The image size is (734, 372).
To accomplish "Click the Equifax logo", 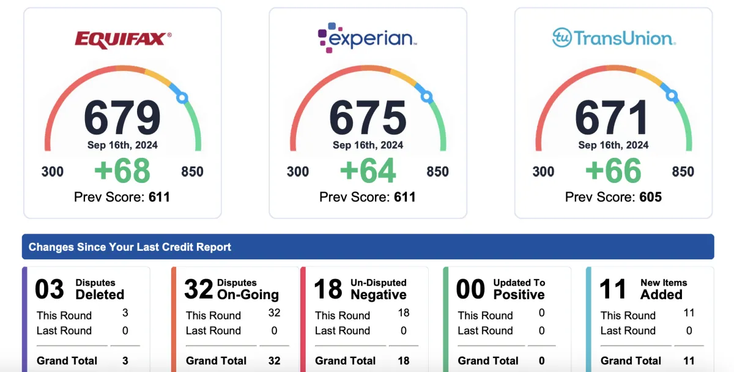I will [x=122, y=40].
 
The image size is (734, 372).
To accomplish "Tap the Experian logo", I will [x=368, y=39].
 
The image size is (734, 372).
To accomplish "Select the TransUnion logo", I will [x=614, y=38].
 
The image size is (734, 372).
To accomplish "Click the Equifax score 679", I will [x=122, y=117].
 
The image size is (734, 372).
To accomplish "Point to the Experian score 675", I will [x=368, y=117].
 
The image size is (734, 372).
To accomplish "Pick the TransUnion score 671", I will [x=613, y=117].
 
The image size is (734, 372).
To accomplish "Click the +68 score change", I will [x=122, y=171].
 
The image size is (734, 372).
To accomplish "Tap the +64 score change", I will [x=368, y=171].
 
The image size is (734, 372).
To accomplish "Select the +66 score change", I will [x=614, y=171].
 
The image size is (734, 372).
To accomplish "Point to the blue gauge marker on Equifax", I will [x=181, y=97].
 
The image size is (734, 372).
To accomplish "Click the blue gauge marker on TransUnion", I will [x=672, y=96].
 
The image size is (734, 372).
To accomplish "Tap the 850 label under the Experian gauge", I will [x=437, y=171].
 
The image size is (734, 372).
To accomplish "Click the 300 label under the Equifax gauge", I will [x=53, y=171].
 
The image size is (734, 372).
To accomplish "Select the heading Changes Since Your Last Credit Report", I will [x=130, y=247].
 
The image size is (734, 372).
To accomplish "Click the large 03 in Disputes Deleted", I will [x=50, y=289].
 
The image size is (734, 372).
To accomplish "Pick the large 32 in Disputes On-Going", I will [x=198, y=289].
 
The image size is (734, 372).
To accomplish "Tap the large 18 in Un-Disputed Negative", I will [x=328, y=289].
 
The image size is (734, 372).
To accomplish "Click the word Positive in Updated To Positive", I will [x=519, y=294].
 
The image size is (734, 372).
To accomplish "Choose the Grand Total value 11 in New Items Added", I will [x=689, y=361].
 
